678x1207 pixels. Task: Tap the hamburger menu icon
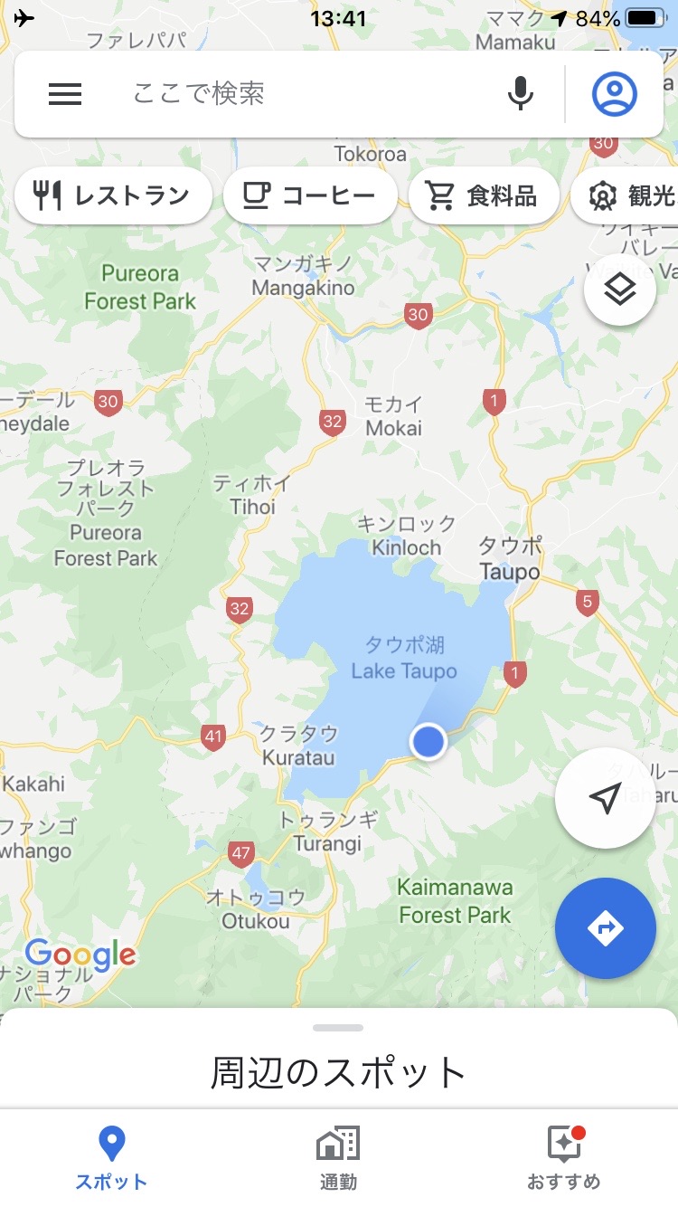pyautogui.click(x=65, y=94)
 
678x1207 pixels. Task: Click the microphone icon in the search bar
pyautogui.click(x=520, y=94)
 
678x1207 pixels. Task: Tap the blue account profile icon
pyautogui.click(x=615, y=94)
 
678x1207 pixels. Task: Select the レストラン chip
pyautogui.click(x=113, y=195)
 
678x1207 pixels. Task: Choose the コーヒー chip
pyautogui.click(x=310, y=195)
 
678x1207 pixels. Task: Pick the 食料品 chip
pyautogui.click(x=484, y=195)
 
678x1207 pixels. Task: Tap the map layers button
pyautogui.click(x=620, y=290)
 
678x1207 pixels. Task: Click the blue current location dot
pyautogui.click(x=428, y=741)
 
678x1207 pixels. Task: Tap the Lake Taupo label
pyautogui.click(x=404, y=659)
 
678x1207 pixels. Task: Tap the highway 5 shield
pyautogui.click(x=588, y=602)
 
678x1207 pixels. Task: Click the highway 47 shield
pyautogui.click(x=240, y=853)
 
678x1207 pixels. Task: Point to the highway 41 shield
pyautogui.click(x=212, y=737)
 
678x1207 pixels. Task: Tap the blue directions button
pyautogui.click(x=605, y=927)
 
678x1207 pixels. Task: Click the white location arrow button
pyautogui.click(x=605, y=798)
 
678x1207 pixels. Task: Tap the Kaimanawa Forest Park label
pyautogui.click(x=455, y=901)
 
